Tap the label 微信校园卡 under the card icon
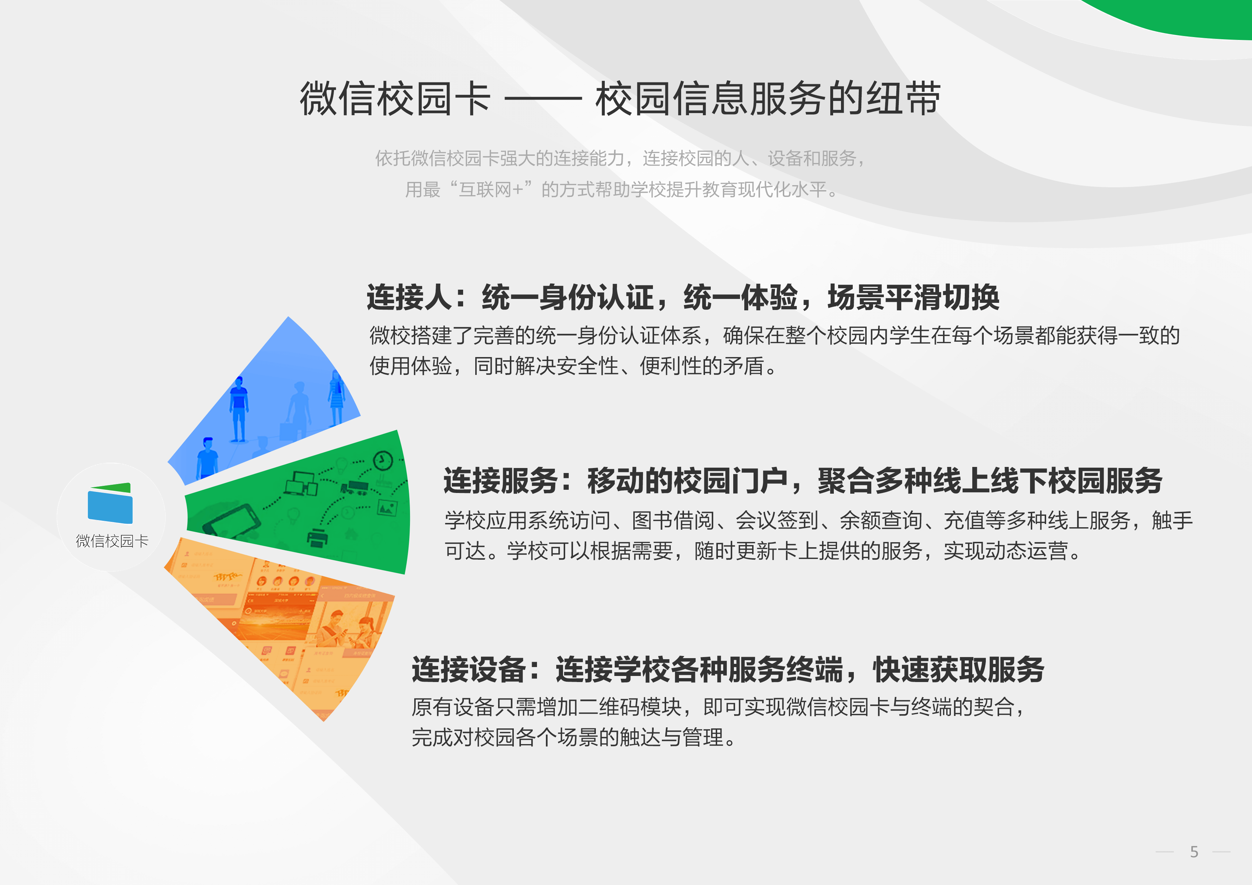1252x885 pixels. point(112,541)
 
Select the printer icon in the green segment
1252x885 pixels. point(317,538)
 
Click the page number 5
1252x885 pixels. point(1194,852)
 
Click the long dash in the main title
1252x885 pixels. point(543,99)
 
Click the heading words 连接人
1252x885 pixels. point(409,298)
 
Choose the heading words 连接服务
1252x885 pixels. point(501,481)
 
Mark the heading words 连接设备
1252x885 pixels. point(469,670)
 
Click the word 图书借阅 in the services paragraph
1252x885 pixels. point(673,521)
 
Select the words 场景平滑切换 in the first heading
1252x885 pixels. point(913,298)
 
